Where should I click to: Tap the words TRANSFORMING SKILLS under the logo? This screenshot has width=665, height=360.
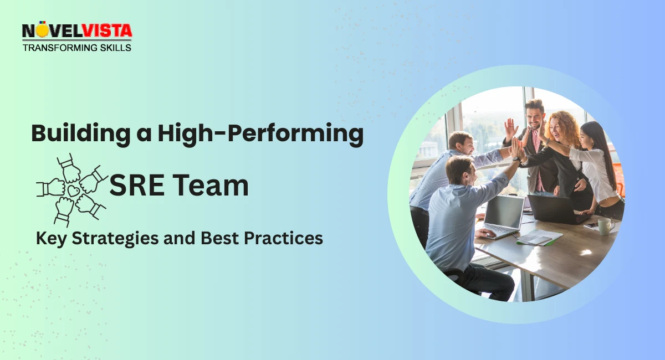[x=77, y=48]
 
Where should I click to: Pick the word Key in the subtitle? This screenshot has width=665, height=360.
[x=50, y=238]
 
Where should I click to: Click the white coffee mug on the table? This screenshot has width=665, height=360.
[x=605, y=226]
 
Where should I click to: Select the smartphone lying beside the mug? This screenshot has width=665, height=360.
[x=591, y=225]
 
